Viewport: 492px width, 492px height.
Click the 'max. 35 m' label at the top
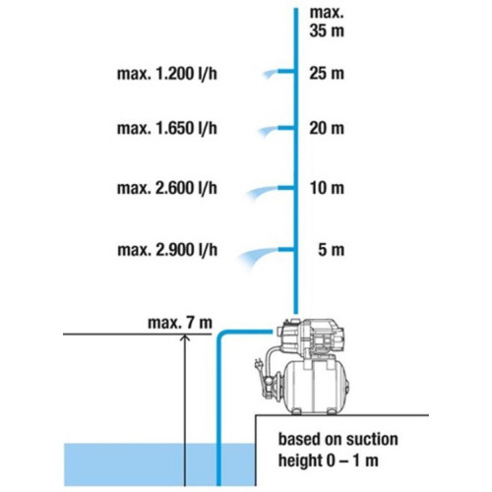pyautogui.click(x=327, y=22)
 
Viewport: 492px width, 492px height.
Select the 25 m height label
pyautogui.click(x=327, y=73)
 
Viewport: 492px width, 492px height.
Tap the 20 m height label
pyautogui.click(x=327, y=128)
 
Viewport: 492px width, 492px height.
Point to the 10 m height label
pyautogui.click(x=328, y=188)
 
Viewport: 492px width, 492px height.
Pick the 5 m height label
pyautogui.click(x=332, y=250)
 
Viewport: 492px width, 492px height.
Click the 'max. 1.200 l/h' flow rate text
pyautogui.click(x=167, y=74)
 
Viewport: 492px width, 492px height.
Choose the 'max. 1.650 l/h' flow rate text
pyautogui.click(x=167, y=128)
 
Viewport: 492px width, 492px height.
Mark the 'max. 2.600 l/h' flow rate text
pyautogui.click(x=167, y=188)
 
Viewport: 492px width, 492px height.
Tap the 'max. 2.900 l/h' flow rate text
pyautogui.click(x=167, y=250)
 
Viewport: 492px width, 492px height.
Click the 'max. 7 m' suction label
pyautogui.click(x=180, y=323)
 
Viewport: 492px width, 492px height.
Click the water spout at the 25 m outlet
pyautogui.click(x=271, y=74)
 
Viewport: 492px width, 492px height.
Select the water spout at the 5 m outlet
pyautogui.click(x=258, y=257)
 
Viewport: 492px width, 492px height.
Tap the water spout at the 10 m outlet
pyautogui.click(x=262, y=192)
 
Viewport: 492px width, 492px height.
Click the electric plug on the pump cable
pyautogui.click(x=258, y=365)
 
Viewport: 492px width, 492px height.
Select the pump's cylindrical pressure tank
pyautogui.click(x=315, y=387)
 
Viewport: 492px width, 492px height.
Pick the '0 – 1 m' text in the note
pyautogui.click(x=352, y=461)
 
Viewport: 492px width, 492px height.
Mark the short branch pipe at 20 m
pyautogui.click(x=285, y=128)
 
